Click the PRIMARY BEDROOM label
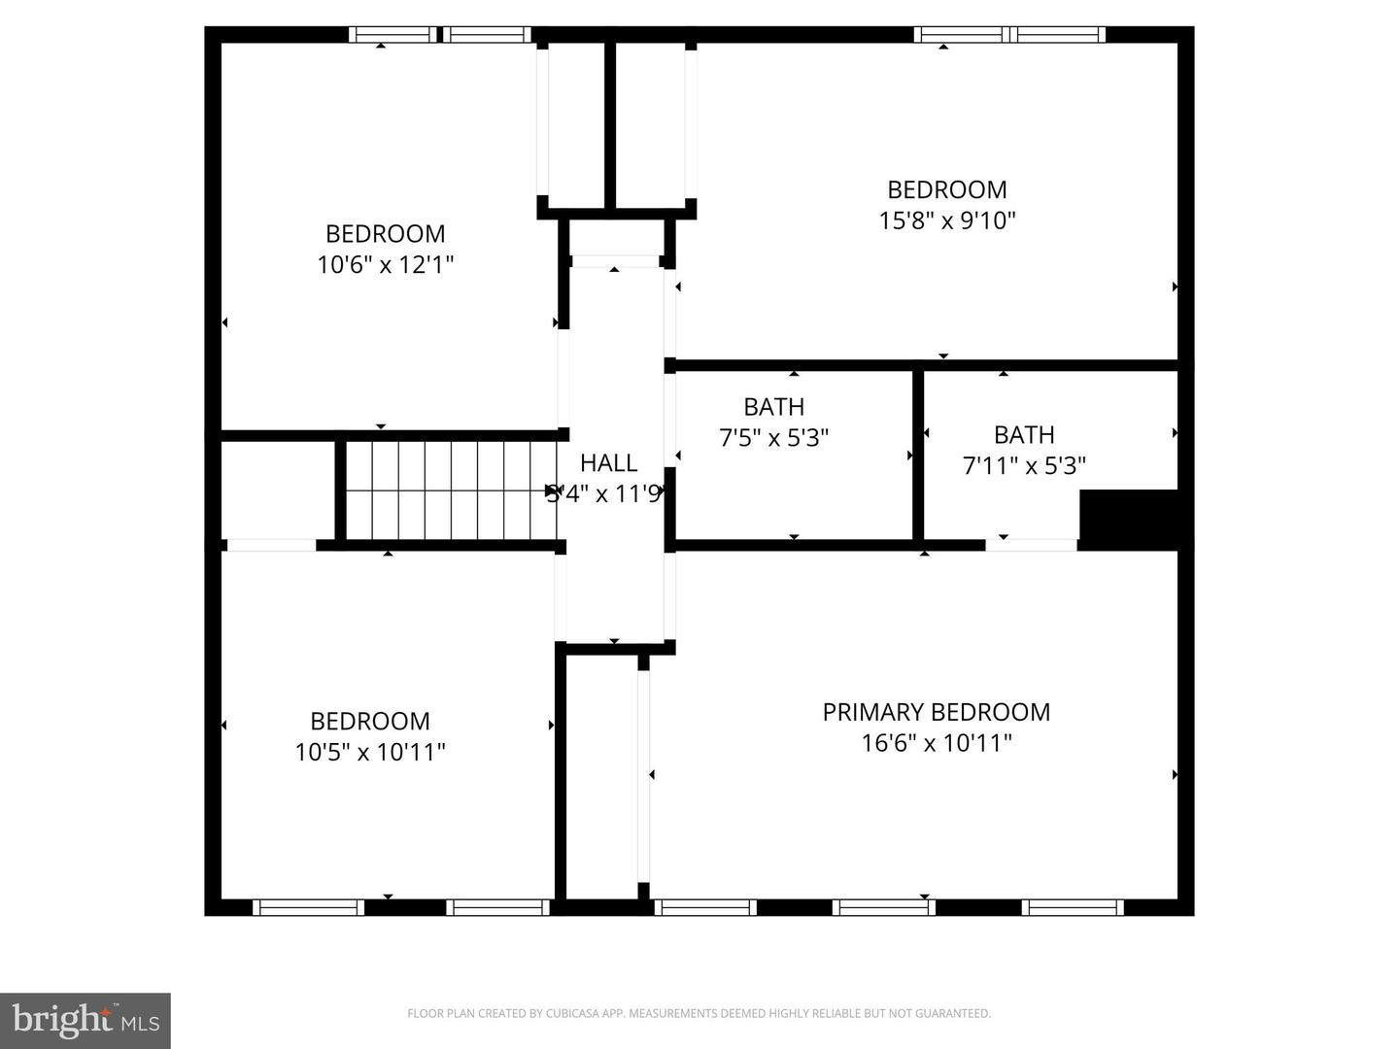coord(936,712)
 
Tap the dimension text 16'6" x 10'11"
coord(936,743)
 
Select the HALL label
coord(608,463)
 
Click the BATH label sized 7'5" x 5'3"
coord(773,407)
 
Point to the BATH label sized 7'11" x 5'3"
coord(1023,435)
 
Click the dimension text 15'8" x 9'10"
coord(946,220)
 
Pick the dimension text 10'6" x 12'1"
coord(385,264)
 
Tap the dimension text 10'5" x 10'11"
coord(370,752)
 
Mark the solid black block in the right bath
coord(1130,519)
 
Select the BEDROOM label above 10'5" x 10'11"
coord(370,721)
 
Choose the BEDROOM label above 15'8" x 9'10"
coord(946,189)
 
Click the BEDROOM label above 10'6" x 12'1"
coord(385,234)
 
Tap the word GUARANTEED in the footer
coord(957,1014)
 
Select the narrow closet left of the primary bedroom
coord(601,777)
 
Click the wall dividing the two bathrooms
coord(918,455)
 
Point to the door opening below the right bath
coord(1031,545)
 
